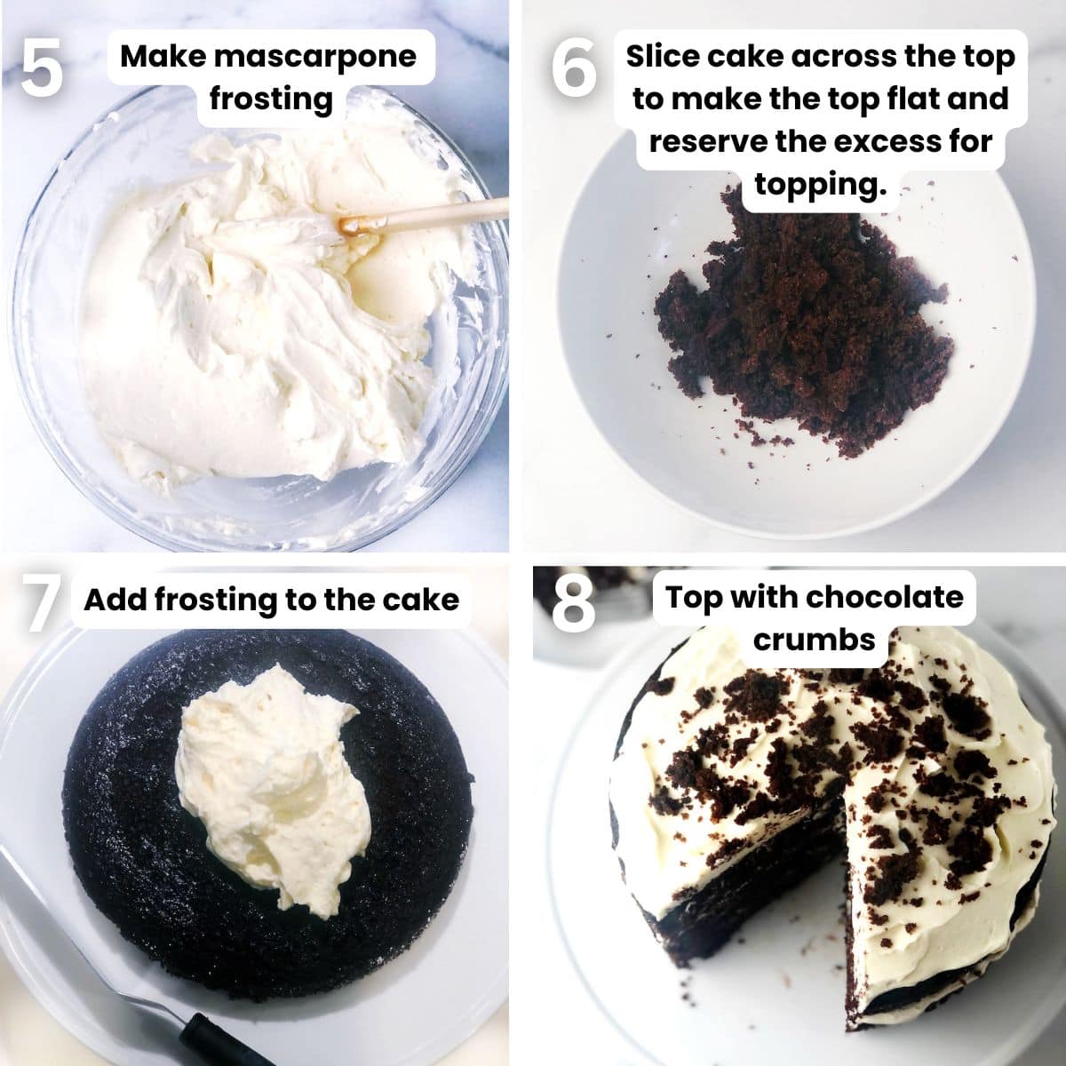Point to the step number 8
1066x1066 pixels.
[x=573, y=604]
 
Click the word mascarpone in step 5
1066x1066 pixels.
[x=315, y=57]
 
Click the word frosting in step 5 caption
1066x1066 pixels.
[x=271, y=98]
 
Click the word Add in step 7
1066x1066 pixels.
[x=115, y=600]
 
